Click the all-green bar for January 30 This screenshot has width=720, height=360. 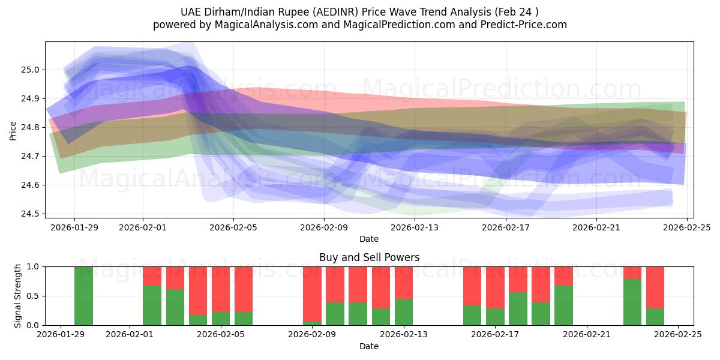(x=83, y=296)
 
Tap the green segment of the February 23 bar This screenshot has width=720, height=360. (x=632, y=302)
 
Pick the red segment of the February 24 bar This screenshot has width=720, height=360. (x=655, y=287)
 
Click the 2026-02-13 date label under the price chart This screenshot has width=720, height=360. (x=415, y=227)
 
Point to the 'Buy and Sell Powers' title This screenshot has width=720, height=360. (x=369, y=257)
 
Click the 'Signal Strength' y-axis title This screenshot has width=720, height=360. (x=17, y=295)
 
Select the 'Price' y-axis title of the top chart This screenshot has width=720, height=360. (x=13, y=130)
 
